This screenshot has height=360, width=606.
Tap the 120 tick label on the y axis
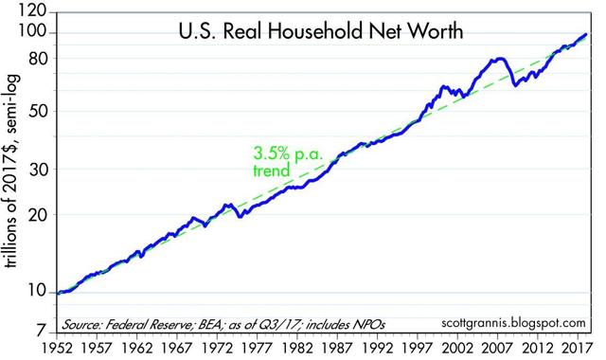click(x=32, y=13)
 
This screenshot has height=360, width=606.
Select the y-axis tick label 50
click(x=37, y=110)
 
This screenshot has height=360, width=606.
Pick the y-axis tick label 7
click(x=42, y=332)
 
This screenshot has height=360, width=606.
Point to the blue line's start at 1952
click(x=58, y=293)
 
